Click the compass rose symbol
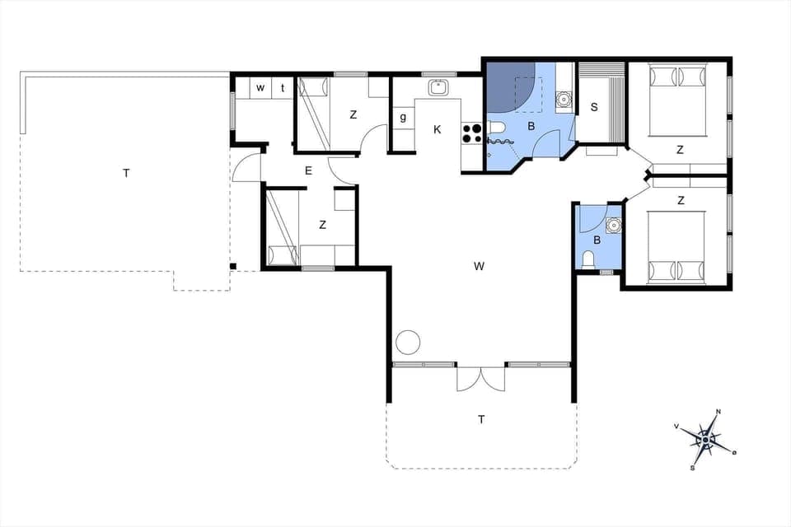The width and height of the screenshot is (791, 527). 706,440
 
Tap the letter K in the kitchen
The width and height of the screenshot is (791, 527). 437,129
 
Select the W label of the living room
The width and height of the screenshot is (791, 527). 479,266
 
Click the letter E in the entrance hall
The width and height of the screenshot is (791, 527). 308,171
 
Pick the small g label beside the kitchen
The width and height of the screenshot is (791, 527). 403,117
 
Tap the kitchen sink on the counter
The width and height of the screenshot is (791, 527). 438,86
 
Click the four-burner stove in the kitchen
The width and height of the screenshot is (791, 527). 471,133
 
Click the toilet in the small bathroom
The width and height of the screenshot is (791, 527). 587,260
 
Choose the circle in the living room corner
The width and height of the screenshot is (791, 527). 408,342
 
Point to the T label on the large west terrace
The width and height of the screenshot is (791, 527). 125,173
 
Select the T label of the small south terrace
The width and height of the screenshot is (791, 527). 481,420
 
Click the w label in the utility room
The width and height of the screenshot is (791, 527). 260,88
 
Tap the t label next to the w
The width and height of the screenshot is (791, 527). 282,88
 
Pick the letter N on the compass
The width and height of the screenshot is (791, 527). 718,412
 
